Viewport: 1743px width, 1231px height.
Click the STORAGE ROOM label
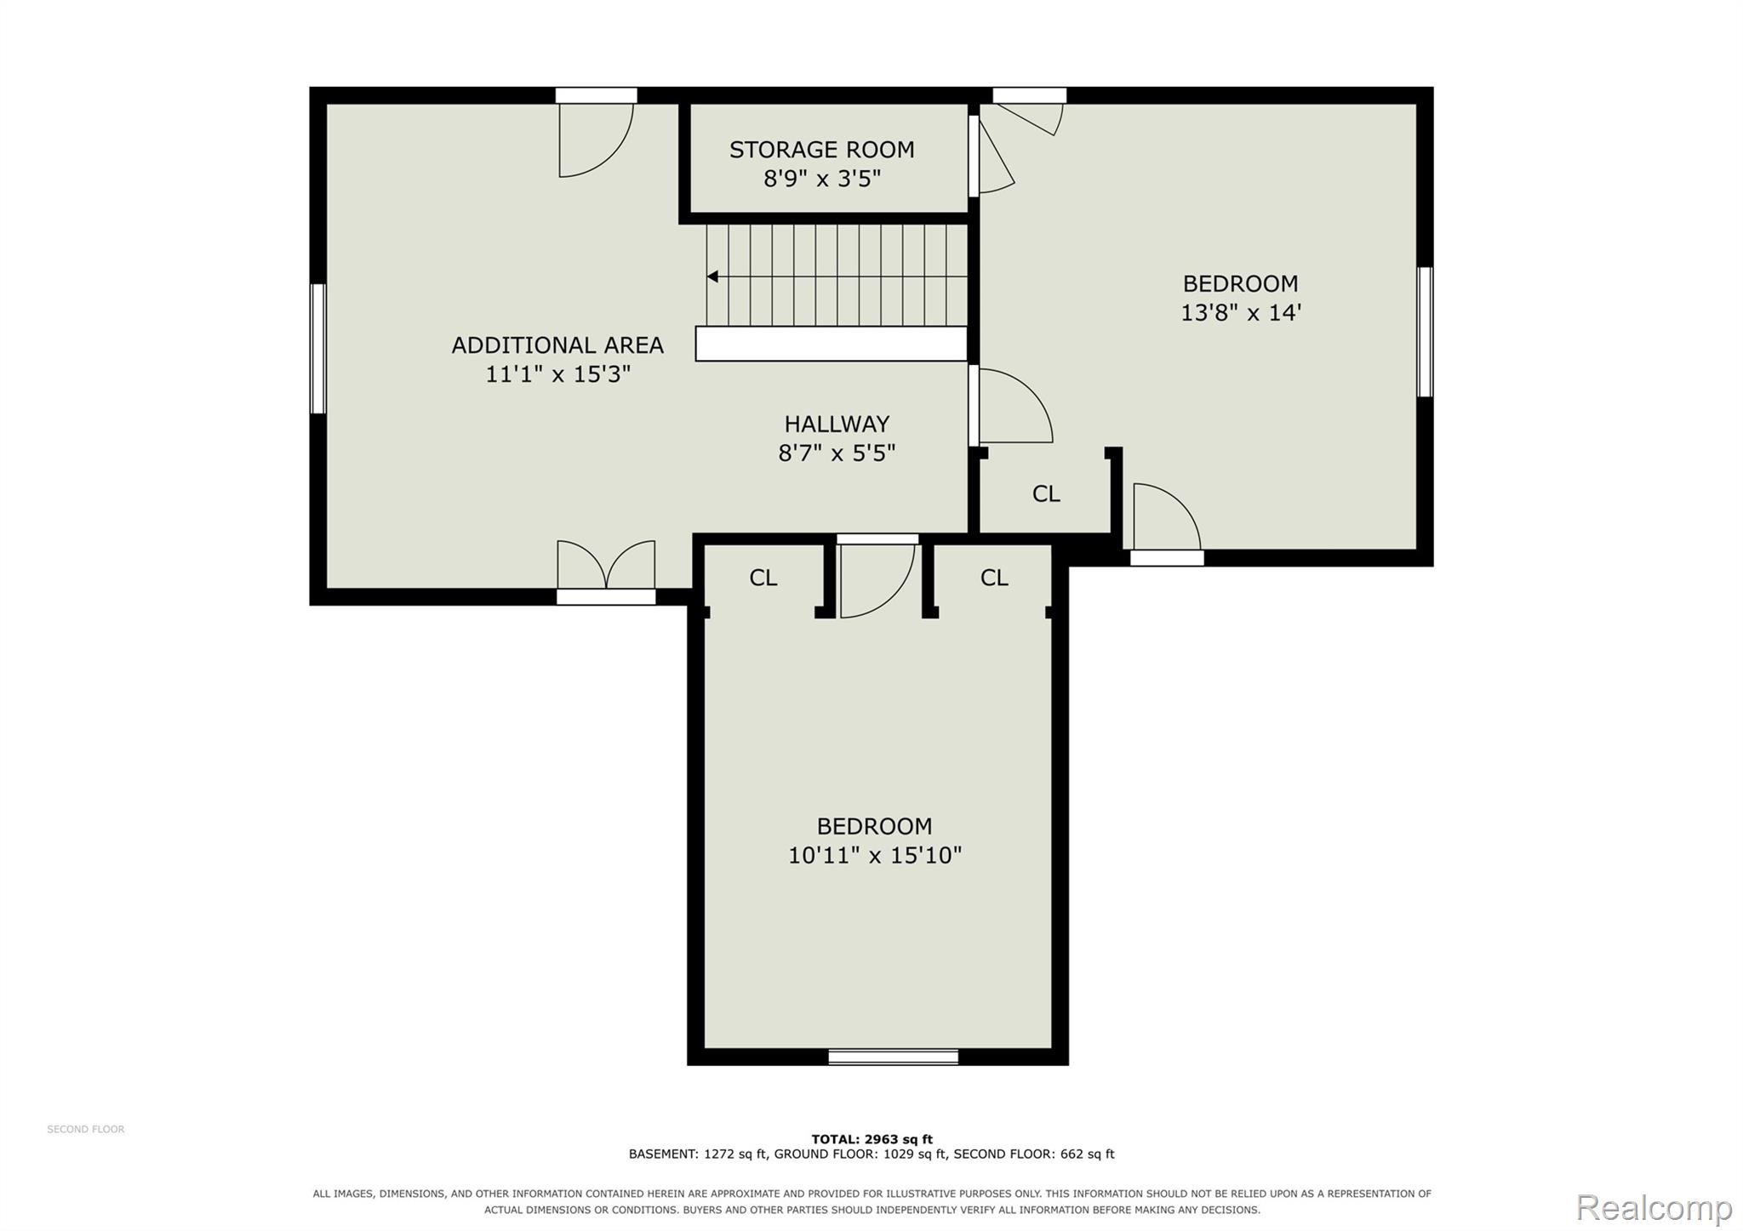(x=821, y=150)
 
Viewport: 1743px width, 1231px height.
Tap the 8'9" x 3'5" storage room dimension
(x=821, y=179)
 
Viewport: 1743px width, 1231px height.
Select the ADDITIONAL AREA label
(x=557, y=345)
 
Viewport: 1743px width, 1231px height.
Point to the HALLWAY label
(x=837, y=424)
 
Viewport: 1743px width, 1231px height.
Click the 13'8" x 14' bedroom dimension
(x=1241, y=312)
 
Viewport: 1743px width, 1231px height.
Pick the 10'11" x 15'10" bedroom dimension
(x=875, y=855)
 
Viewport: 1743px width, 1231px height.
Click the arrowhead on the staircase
(x=712, y=276)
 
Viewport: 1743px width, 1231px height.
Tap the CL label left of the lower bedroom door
(x=763, y=578)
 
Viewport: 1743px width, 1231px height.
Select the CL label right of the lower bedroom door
(x=994, y=578)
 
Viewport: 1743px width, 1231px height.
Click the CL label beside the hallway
(x=1046, y=494)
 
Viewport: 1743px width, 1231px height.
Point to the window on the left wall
(x=318, y=349)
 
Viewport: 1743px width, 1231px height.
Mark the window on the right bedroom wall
(x=1425, y=332)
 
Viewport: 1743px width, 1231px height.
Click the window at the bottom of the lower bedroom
(x=894, y=1057)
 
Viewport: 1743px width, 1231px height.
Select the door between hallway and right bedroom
(x=1011, y=405)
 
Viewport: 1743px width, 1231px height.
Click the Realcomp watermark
(x=1654, y=1207)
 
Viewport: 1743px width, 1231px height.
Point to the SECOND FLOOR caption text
(x=86, y=1130)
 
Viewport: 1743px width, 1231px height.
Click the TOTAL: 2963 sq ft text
(x=871, y=1139)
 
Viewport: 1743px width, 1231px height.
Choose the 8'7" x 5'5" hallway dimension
(x=837, y=453)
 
